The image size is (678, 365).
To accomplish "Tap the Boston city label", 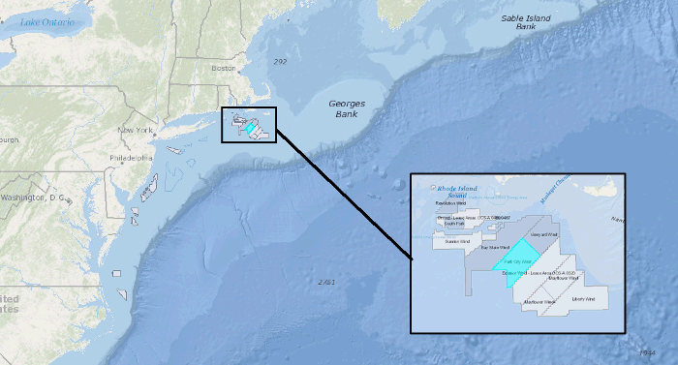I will point(224,68).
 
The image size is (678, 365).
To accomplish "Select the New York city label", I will point(137,130).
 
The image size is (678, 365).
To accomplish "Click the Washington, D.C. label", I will point(33,198).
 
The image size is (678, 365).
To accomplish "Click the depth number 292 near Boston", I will point(280,62).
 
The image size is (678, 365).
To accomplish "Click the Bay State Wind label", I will point(498,248).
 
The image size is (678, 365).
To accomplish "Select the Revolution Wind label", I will point(451,204).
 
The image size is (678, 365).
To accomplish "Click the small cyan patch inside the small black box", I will point(249,127).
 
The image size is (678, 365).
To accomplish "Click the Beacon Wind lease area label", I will point(514,273).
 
